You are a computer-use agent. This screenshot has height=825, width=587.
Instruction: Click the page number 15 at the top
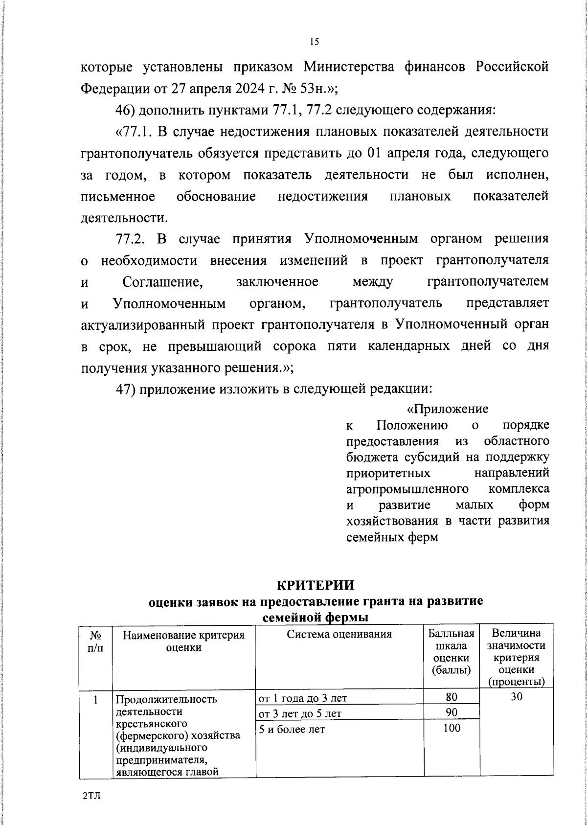tap(314, 42)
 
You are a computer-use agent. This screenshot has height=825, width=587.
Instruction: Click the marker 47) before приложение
tap(125, 390)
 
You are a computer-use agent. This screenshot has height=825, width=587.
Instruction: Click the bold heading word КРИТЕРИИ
tap(315, 585)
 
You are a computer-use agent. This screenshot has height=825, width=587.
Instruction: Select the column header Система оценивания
tap(339, 635)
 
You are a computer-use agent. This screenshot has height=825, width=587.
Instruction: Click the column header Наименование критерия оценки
tap(183, 641)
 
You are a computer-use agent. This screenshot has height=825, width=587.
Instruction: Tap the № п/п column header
tap(96, 641)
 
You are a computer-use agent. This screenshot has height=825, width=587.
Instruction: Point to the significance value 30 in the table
tap(517, 697)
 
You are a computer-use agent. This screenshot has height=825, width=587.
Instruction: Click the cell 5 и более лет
tap(292, 729)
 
